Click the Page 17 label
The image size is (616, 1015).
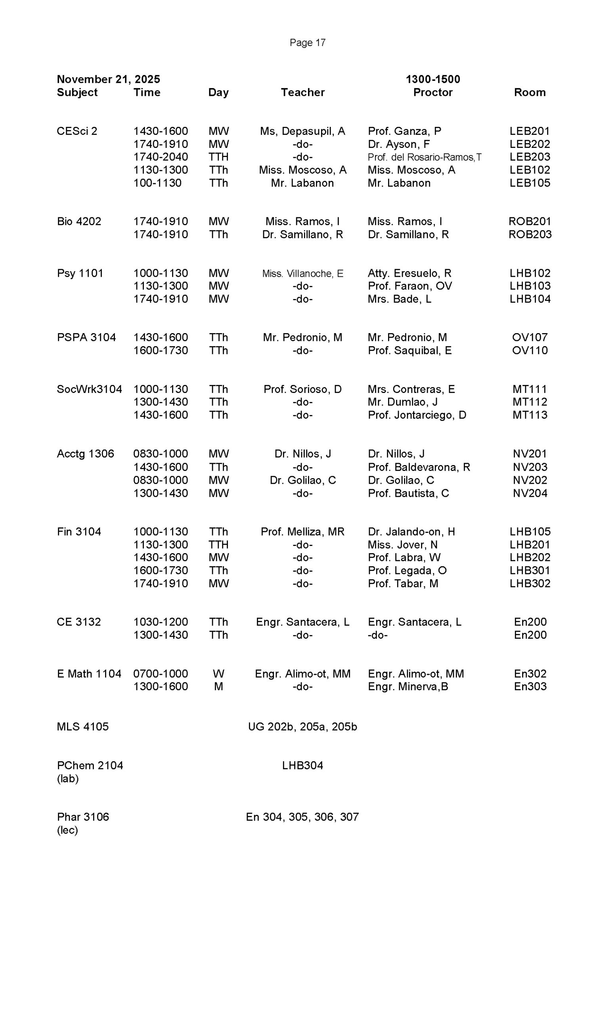click(x=307, y=42)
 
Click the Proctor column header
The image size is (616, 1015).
click(x=432, y=92)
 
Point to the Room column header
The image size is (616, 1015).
click(x=530, y=92)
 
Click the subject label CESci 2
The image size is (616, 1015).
click(x=77, y=131)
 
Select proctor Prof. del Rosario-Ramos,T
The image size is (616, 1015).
click(x=424, y=157)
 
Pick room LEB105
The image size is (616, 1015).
click(x=530, y=183)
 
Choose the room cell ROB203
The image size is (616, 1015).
click(x=530, y=234)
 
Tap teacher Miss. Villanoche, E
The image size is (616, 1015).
click(x=302, y=274)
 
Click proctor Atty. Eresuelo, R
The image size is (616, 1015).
click(x=409, y=273)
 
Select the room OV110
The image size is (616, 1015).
click(x=530, y=350)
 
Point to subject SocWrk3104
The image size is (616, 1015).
click(x=89, y=389)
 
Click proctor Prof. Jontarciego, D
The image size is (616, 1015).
click(x=417, y=415)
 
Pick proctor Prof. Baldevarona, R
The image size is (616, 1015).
click(x=419, y=467)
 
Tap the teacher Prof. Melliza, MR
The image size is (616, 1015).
click(x=302, y=531)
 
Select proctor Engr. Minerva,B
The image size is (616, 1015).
click(x=407, y=686)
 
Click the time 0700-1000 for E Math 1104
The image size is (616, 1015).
click(x=160, y=674)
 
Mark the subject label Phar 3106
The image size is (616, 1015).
click(x=83, y=816)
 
